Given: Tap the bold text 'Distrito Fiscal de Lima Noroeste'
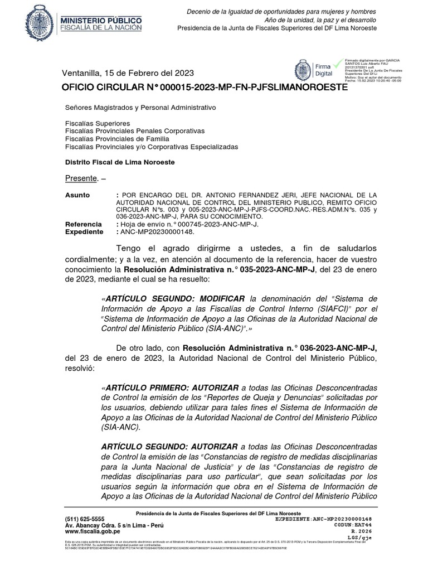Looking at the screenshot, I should pyautogui.click(x=120, y=162).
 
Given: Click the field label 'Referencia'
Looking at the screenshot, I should pyautogui.click(x=83, y=224).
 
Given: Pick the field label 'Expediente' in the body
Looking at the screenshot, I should pyautogui.click(x=84, y=231).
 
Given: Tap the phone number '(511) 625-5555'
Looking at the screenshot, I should pyautogui.click(x=85, y=519).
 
